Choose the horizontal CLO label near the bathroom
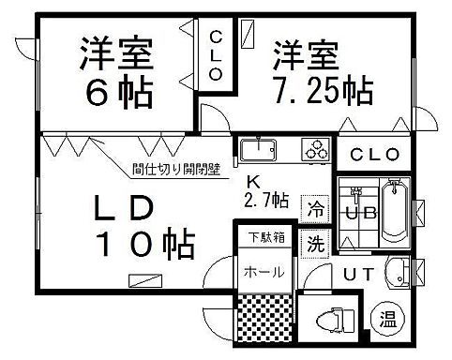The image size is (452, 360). click(x=375, y=155)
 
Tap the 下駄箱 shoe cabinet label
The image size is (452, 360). click(x=264, y=239)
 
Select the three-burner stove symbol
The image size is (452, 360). click(x=314, y=147)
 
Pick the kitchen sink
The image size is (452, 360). click(x=256, y=149)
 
